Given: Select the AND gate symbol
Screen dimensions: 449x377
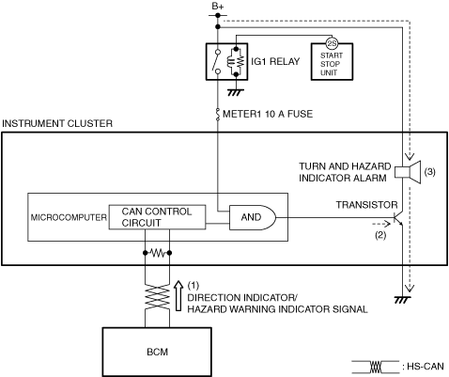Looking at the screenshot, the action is tap(253, 217).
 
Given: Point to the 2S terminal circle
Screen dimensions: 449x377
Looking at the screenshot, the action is tap(332, 43).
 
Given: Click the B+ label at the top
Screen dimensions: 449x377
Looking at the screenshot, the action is tap(218, 7).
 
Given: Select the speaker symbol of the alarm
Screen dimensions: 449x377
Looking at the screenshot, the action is tap(408, 172).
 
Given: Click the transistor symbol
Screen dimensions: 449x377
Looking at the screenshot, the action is tap(397, 218).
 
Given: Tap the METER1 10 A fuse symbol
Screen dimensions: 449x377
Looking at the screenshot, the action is tap(218, 115).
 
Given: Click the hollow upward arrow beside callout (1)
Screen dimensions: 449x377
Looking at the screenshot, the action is tap(178, 295).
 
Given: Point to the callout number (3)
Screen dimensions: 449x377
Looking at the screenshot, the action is tap(429, 172).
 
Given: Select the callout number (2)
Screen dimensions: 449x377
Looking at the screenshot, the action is tap(380, 234).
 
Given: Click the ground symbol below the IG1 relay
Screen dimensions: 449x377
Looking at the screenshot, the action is tap(236, 92).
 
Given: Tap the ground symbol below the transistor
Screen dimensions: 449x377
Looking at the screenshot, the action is tap(402, 300).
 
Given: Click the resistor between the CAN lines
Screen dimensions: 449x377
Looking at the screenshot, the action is tap(157, 253).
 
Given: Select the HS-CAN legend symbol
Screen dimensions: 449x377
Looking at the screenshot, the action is tap(376, 367).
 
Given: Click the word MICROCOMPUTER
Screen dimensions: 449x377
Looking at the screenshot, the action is tap(69, 217).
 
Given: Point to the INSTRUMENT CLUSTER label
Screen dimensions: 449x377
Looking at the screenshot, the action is tap(57, 123).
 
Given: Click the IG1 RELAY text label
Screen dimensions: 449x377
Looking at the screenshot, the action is tap(275, 61).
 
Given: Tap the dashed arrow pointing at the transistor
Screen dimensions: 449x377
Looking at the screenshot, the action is tap(381, 224).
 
